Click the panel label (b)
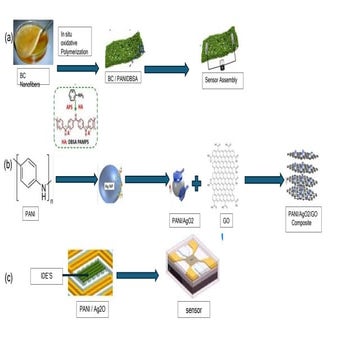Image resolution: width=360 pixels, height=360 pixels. [x=8, y=158]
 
